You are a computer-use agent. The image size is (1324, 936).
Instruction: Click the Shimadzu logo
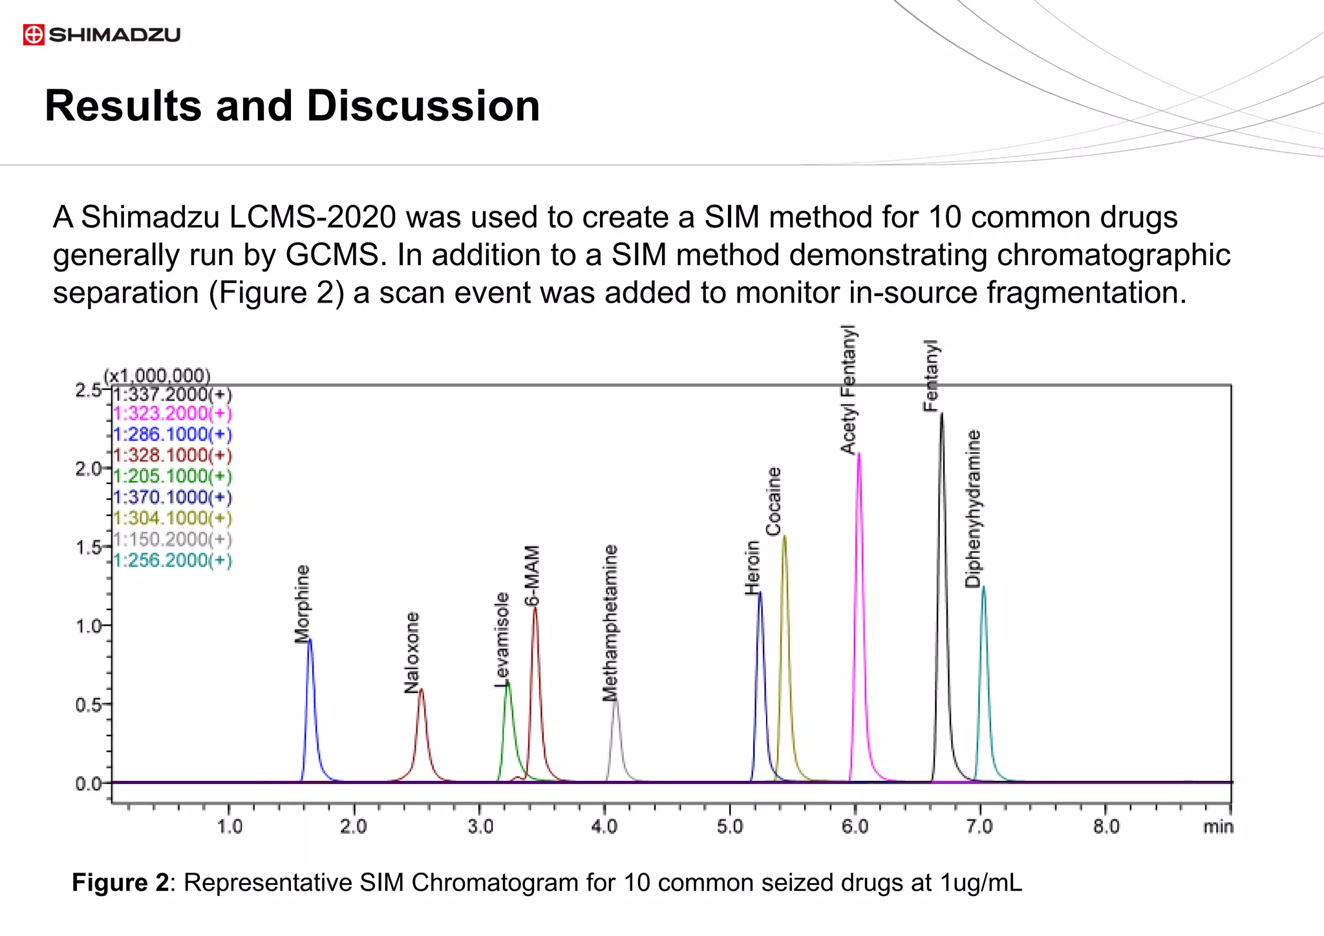(101, 34)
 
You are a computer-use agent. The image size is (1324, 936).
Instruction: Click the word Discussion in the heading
(423, 106)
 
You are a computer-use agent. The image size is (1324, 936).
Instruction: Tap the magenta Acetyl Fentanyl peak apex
(859, 454)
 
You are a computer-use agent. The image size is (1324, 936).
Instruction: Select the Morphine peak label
(302, 604)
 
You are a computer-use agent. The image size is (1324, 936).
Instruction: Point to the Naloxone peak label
(412, 652)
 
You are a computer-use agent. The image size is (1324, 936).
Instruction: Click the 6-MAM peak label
(531, 575)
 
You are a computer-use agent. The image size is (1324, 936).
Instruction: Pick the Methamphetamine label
(610, 622)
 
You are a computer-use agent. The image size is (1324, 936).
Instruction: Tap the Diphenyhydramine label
(972, 509)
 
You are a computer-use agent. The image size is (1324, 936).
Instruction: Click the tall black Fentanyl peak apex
(941, 414)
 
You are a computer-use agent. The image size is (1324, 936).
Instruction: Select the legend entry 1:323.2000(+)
(172, 414)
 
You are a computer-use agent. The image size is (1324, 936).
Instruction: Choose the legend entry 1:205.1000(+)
(172, 476)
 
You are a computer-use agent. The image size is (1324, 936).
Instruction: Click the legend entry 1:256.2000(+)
(172, 560)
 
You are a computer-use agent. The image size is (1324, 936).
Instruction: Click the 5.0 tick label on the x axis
(729, 827)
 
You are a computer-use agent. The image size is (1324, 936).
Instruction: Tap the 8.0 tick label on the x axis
(1105, 827)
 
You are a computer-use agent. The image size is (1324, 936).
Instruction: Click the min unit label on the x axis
(1218, 827)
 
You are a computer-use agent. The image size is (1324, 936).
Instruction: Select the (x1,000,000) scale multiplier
(157, 376)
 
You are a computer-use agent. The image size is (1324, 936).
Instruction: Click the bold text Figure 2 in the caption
(120, 883)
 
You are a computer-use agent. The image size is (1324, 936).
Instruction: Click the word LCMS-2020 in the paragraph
(312, 217)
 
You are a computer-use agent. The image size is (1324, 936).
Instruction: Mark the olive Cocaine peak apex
(784, 536)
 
